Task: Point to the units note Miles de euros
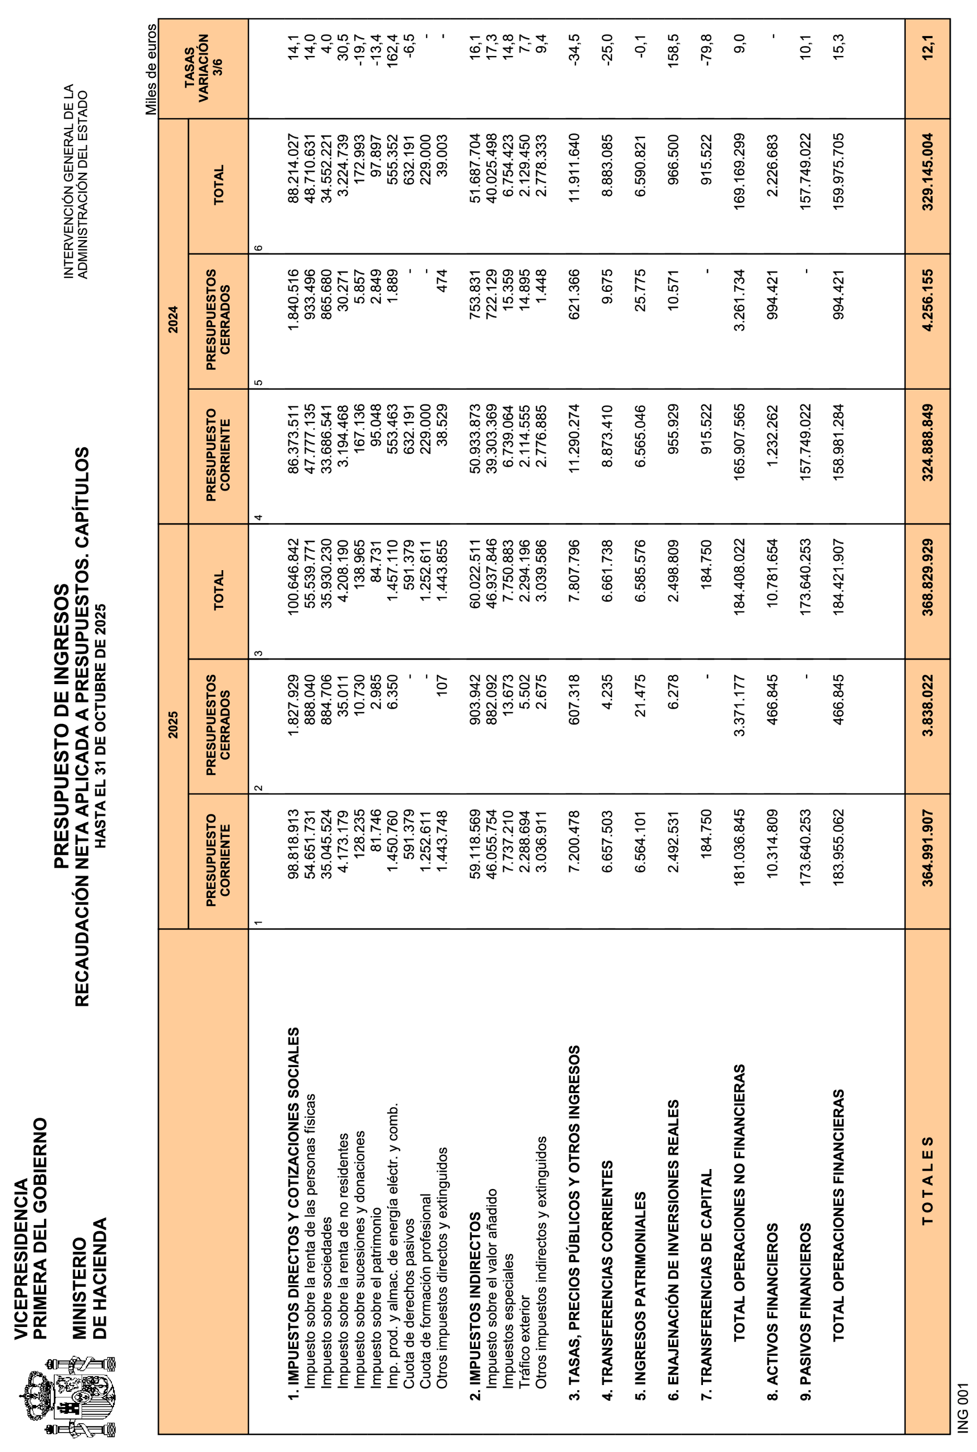tap(151, 69)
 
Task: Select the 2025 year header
tap(173, 725)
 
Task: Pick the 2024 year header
tap(173, 320)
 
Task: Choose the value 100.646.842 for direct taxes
tap(293, 576)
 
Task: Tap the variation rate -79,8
tap(706, 45)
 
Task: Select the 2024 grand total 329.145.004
tap(928, 172)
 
